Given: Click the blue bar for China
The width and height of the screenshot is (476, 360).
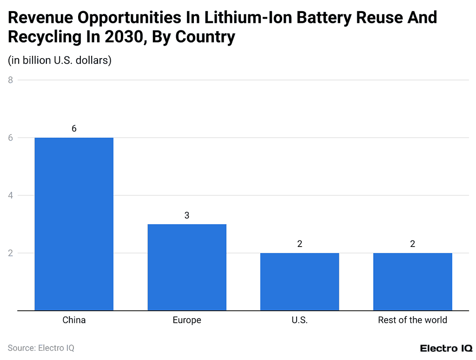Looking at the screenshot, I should [74, 224].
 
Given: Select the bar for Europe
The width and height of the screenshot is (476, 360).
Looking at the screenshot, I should [187, 267].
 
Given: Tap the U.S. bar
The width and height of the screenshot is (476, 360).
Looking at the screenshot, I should [299, 281].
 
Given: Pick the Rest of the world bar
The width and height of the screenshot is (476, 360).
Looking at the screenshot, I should [412, 281].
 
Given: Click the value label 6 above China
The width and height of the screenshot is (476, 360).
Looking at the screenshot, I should [74, 129].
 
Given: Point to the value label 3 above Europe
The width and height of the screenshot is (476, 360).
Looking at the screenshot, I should [187, 215].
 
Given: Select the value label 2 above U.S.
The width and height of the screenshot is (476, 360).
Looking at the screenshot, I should [299, 244].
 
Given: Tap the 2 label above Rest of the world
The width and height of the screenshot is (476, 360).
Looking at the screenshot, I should [412, 244].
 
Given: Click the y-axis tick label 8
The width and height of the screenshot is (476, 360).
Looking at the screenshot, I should [10, 80].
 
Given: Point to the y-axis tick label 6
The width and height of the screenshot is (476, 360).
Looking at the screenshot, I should [10, 138].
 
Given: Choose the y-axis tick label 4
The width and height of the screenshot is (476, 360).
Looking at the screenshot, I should [10, 195].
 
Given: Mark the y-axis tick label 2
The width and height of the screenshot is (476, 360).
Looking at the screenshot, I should [10, 253].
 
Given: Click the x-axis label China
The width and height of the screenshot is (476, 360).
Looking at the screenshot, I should [74, 320].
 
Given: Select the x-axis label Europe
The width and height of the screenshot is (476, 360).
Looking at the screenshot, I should [187, 320].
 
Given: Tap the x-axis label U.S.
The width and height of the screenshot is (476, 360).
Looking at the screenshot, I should [299, 320].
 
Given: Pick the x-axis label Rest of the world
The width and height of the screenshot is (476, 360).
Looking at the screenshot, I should [412, 320].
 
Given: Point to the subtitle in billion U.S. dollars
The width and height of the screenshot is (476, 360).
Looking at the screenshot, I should [59, 60].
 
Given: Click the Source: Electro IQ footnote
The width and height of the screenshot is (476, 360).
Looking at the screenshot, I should [41, 348].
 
